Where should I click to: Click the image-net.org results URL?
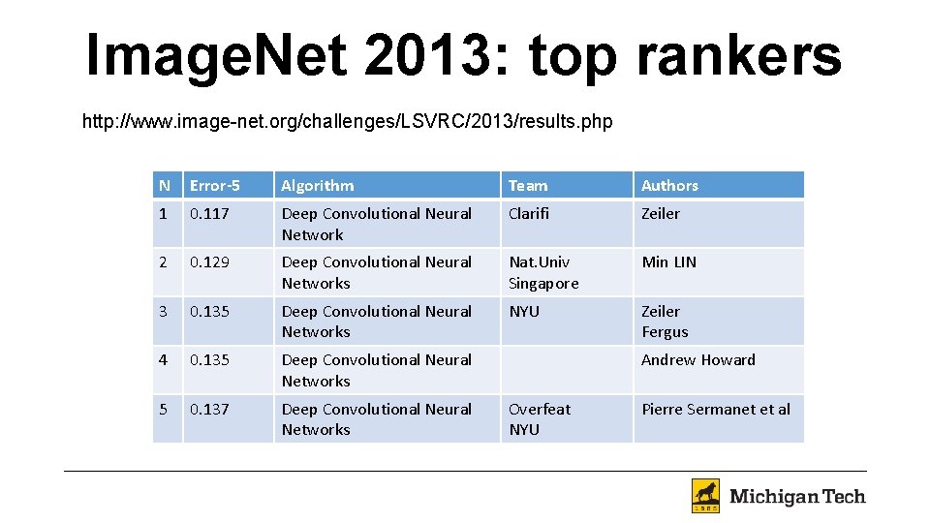[347, 122]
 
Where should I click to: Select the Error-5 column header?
[215, 185]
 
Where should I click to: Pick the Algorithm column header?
[318, 185]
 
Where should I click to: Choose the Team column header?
[528, 185]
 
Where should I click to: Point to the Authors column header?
[669, 185]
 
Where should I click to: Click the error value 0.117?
[209, 213]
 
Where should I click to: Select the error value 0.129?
[209, 261]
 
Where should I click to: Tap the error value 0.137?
[209, 409]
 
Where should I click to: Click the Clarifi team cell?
[529, 213]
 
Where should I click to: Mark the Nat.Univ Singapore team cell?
[543, 272]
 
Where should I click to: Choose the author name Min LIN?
[668, 261]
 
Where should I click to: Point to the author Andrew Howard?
[698, 359]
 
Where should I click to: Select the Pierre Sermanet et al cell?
[716, 409]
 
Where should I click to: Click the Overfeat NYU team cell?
[540, 418]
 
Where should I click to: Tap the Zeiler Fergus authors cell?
[665, 321]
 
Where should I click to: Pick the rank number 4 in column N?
[164, 359]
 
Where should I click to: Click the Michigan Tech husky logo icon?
[705, 496]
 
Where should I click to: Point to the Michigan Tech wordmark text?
[797, 497]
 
